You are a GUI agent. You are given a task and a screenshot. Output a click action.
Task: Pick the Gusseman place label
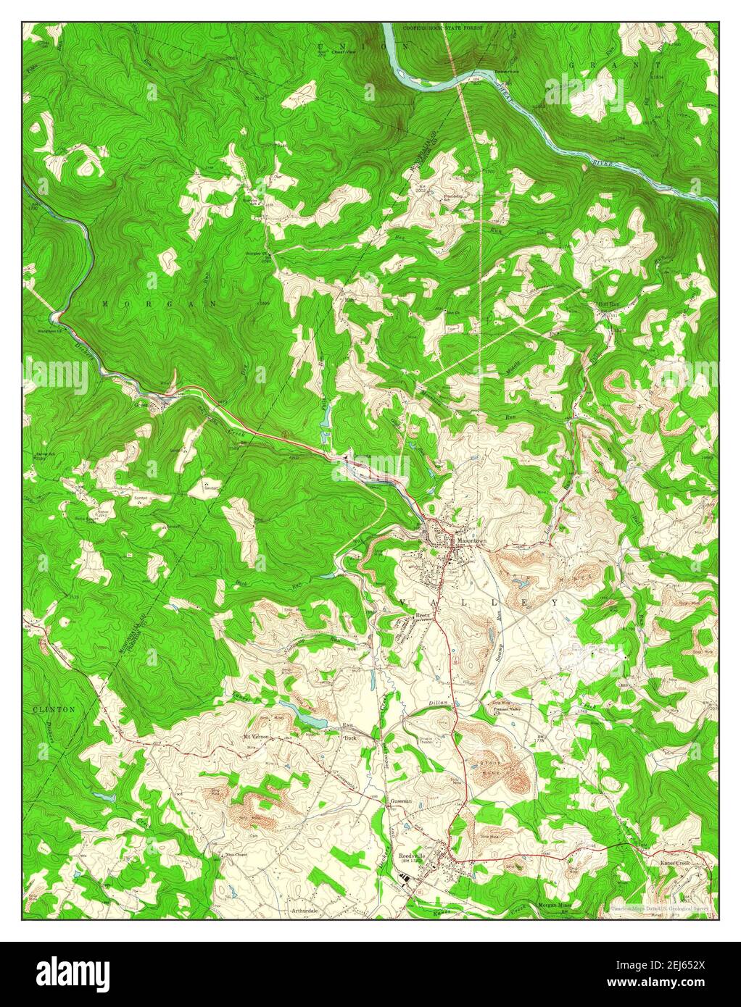[x=401, y=801]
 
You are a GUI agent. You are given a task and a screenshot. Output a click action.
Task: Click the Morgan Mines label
[x=555, y=906]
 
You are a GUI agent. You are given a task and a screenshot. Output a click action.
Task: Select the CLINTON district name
[x=54, y=710]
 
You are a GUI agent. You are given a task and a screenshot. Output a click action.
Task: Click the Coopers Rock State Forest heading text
[x=442, y=28]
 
